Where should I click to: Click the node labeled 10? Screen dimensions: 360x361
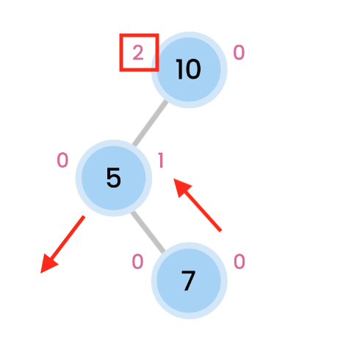tap(189, 70)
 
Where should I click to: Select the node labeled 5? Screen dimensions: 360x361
tap(114, 178)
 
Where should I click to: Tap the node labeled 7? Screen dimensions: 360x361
tap(189, 281)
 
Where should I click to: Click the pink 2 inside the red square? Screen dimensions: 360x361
tap(138, 53)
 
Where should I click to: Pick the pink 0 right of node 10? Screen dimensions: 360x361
tap(239, 52)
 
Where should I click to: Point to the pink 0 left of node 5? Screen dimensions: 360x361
tap(62, 160)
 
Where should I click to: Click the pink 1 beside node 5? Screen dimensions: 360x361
tap(161, 160)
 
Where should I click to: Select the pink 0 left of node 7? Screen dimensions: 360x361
tap(137, 262)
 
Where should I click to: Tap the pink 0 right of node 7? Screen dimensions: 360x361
tap(240, 262)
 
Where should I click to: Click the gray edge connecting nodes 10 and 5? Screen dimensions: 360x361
tap(150, 123)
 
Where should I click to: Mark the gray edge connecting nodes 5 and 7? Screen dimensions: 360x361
tap(148, 232)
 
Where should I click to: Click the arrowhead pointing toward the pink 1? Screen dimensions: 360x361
tap(181, 187)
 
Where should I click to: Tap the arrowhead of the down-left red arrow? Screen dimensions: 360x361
tap(48, 265)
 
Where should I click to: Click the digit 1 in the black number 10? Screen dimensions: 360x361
tap(180, 69)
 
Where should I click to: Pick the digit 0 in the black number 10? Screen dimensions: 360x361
tap(193, 69)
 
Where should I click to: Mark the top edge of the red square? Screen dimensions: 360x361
tap(139, 35)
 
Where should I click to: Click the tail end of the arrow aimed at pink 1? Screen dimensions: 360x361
tap(220, 231)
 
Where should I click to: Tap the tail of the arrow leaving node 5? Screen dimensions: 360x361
tap(84, 216)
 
